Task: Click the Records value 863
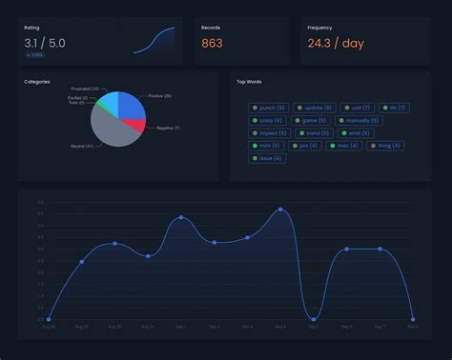(212, 43)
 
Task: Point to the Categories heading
(37, 82)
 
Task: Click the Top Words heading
(251, 82)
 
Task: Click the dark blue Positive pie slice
(131, 104)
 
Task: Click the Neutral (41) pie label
(82, 146)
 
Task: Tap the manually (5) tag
(357, 121)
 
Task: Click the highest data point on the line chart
(280, 209)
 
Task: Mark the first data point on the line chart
(49, 319)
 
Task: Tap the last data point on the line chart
(413, 319)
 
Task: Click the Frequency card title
(319, 28)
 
